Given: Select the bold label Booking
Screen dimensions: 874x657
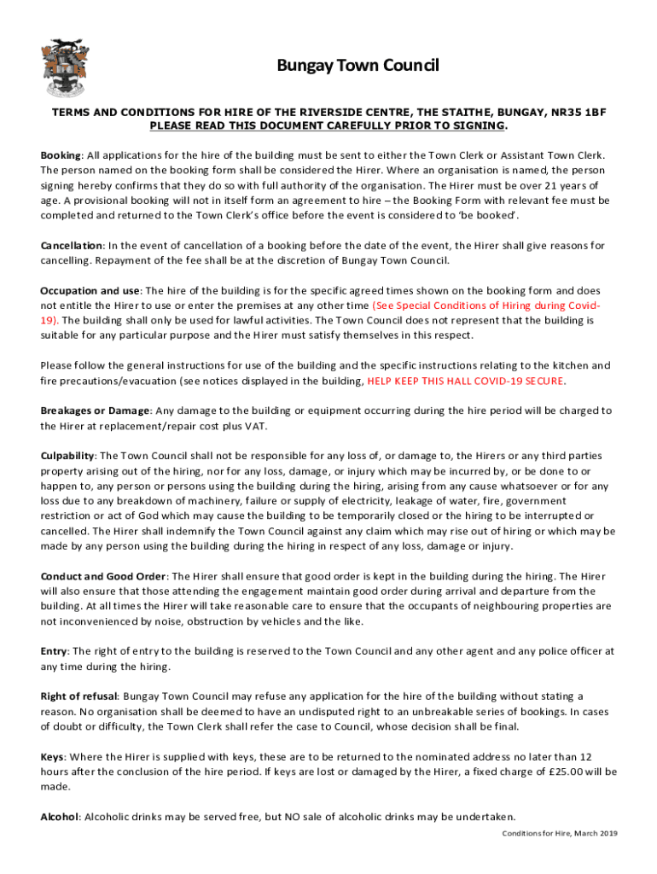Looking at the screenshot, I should coord(61,154).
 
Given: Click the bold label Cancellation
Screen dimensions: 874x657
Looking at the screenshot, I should coord(71,246).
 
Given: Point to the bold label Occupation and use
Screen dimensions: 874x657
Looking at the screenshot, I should coord(92,290).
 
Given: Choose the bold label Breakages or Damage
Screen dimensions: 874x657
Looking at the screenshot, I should coord(95,411).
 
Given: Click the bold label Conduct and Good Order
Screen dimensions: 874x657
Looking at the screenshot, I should coord(103,575).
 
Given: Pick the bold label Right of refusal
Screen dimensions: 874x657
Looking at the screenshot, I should coord(78,696).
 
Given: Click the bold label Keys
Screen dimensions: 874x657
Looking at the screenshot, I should coord(52,756).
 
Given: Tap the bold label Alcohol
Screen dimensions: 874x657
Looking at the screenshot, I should coord(59,816).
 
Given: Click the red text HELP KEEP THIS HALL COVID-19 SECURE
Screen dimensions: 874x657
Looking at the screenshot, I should coord(466,381).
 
